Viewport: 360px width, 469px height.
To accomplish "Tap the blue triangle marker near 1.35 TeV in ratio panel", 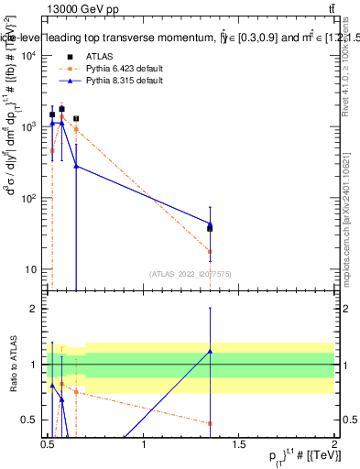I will tap(211, 351).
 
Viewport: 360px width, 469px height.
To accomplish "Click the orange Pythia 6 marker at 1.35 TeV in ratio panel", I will tap(211, 423).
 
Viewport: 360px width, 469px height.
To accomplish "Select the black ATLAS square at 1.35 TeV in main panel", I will tap(211, 228).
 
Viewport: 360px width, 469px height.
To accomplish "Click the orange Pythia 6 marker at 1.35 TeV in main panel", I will tap(211, 251).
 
